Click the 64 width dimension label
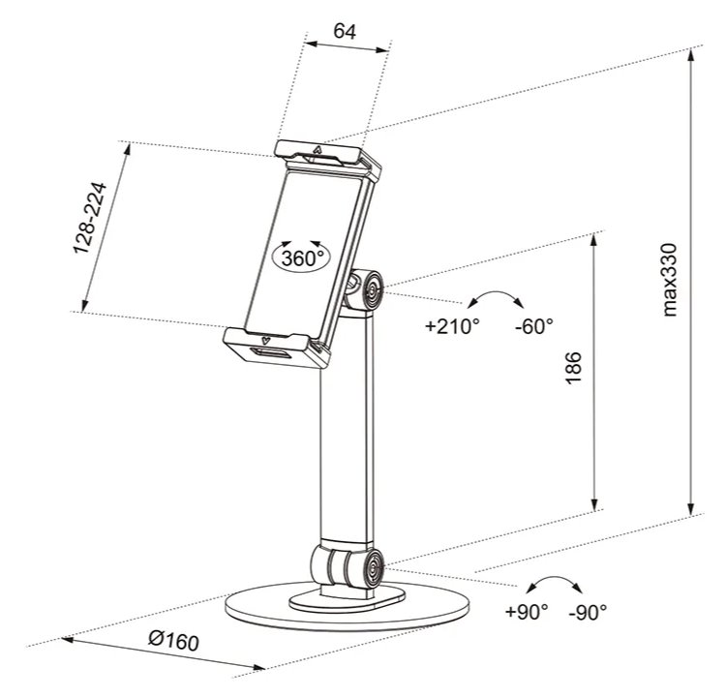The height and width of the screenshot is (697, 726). (345, 30)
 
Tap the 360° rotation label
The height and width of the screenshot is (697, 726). (301, 258)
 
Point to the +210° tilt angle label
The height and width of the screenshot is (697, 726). (452, 326)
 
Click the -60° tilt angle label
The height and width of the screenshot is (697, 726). (533, 326)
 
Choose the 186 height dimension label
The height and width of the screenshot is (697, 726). (572, 371)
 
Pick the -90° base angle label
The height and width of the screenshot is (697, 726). (588, 612)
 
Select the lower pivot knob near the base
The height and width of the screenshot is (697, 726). (369, 567)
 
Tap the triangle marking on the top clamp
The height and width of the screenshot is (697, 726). (318, 151)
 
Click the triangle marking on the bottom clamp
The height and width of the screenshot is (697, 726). (262, 340)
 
